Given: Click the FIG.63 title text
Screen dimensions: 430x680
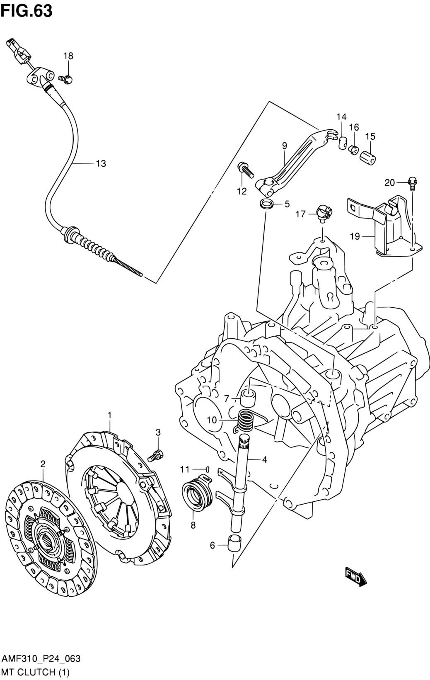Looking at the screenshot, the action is (x=27, y=11).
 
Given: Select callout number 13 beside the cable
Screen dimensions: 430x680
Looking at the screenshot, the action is (x=101, y=164).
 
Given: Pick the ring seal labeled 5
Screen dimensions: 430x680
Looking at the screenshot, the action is (x=266, y=204).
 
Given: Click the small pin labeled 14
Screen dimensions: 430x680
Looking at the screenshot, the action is (x=342, y=143).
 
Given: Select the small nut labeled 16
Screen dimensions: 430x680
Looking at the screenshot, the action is (x=353, y=150).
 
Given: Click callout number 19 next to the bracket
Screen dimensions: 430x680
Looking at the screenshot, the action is (x=355, y=236).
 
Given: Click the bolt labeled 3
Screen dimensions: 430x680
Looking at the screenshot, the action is (x=156, y=464).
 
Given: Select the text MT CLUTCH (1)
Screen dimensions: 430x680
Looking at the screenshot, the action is (x=36, y=672).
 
